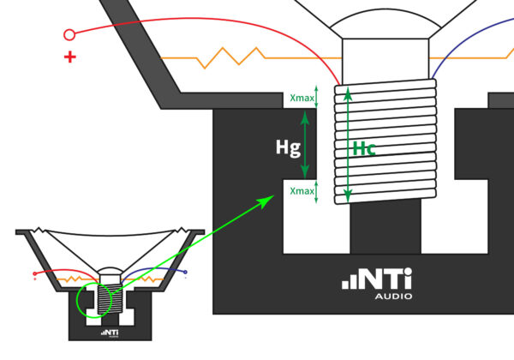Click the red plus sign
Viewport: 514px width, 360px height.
(x=70, y=57)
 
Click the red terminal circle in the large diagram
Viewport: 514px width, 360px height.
(x=69, y=34)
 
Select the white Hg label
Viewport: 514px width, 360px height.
(x=288, y=147)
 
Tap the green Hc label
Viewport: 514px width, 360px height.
(x=364, y=149)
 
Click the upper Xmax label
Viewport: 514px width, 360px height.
(x=302, y=98)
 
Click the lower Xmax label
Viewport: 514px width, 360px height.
(x=302, y=191)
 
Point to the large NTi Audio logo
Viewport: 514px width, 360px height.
(x=377, y=283)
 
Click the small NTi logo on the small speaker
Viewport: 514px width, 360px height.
(x=110, y=333)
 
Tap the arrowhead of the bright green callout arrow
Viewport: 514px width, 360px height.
(x=267, y=201)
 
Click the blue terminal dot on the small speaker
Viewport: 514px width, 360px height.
(x=185, y=272)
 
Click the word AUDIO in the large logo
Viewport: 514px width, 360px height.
(x=394, y=297)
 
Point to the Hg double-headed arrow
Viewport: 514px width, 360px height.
(x=305, y=144)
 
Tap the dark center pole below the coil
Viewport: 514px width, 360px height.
(x=385, y=227)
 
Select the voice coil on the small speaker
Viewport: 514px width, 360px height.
(x=110, y=299)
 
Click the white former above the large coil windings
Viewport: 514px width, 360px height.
(x=385, y=61)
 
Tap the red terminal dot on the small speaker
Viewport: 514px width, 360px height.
(x=35, y=273)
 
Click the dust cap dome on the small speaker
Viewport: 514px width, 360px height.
(x=111, y=269)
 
